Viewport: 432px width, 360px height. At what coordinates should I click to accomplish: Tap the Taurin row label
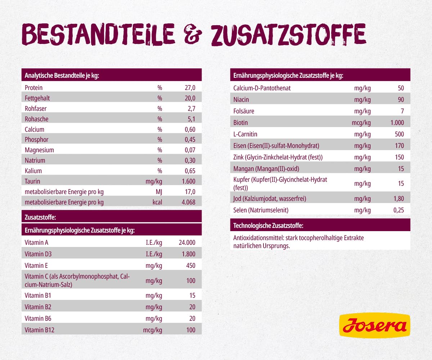tap(32, 181)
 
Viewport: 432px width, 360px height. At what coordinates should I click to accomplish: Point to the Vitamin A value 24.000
tap(187, 243)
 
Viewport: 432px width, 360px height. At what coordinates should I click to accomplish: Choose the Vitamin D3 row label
tap(38, 254)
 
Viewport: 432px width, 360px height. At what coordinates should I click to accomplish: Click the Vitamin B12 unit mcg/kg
tap(153, 330)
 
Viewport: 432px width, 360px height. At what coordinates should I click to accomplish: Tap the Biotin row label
tap(240, 123)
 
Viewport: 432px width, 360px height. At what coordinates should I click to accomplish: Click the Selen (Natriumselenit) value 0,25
tap(397, 210)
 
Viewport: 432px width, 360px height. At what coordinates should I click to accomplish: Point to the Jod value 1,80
tap(397, 198)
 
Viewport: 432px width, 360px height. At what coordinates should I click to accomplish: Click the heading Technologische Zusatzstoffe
tap(268, 226)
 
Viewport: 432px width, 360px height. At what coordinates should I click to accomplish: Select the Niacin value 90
tap(401, 100)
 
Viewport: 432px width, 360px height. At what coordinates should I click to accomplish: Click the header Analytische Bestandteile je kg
tap(62, 76)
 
